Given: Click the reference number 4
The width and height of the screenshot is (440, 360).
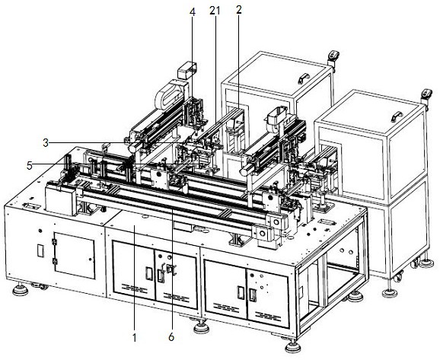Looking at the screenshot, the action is click(193, 11).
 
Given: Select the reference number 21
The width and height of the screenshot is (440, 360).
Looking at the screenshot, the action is click(215, 11).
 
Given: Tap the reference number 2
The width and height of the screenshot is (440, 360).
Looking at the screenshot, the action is click(239, 10).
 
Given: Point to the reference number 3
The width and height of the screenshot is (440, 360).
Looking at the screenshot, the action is click(46, 143).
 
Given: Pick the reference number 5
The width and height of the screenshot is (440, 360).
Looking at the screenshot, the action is click(30, 166).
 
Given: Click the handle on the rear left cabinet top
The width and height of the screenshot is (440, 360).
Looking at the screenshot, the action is click(304, 78).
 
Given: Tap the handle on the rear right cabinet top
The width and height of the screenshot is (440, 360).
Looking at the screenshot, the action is click(397, 116).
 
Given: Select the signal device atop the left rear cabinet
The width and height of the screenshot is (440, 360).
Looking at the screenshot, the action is click(333, 58).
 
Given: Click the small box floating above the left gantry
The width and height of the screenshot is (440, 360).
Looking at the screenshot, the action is click(187, 71).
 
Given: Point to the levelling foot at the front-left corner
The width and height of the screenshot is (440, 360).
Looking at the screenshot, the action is click(21, 289).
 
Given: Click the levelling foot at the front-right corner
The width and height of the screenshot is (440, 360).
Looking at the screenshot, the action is click(292, 346).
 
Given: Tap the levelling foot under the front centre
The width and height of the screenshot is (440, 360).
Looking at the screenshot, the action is click(202, 327).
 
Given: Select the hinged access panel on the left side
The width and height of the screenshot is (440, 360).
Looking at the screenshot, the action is click(75, 256).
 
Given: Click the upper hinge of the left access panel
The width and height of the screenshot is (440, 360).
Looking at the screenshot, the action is click(54, 242).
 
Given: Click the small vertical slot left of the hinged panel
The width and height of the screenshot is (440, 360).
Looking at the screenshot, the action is click(40, 250).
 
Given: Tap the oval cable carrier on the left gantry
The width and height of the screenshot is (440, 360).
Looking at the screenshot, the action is click(171, 94).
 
